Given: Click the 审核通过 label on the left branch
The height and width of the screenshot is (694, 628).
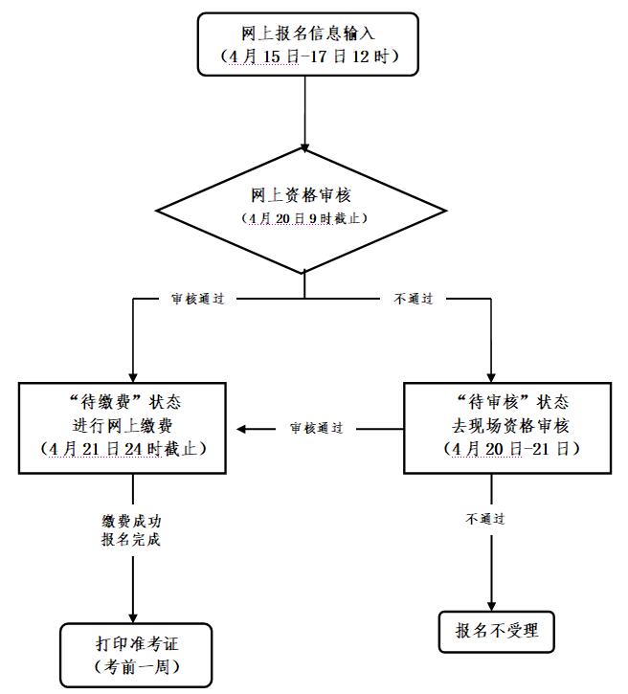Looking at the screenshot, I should pos(196,299).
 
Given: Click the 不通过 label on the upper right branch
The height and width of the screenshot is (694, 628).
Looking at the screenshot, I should pos(414,299).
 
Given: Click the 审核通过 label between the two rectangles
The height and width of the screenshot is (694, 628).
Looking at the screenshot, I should pos(317,428).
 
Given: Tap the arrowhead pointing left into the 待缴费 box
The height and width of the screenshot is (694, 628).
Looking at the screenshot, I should pos(243,428).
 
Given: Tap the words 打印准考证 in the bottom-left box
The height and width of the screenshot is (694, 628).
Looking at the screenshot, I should pos(136,644).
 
